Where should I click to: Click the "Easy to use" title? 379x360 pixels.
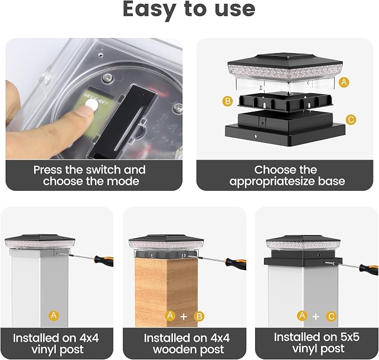tap(189, 9)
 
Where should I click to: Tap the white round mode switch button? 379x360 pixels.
tap(92, 104)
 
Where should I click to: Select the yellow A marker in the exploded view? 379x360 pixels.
tap(344, 82)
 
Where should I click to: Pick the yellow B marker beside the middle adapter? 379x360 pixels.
tap(228, 101)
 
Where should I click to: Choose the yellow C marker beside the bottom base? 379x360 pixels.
tap(351, 119)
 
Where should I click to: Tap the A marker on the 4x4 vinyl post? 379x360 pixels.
tap(54, 315)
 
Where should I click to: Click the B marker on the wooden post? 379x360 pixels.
tap(199, 316)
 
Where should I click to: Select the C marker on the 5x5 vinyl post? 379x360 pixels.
tap(331, 316)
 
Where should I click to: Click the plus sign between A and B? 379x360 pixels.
tap(184, 316)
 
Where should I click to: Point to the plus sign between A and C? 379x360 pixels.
tap(316, 316)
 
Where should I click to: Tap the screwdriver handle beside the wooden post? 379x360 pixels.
tap(236, 263)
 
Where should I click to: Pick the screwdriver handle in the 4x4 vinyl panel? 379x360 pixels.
tap(104, 261)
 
